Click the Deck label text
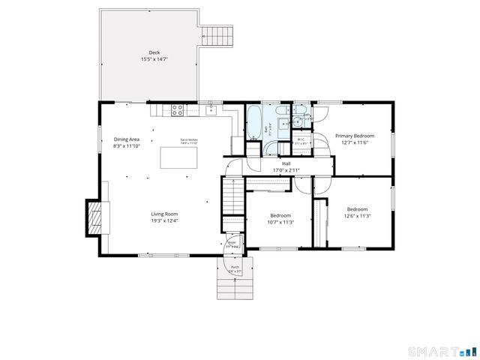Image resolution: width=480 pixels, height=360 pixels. coord(154,52)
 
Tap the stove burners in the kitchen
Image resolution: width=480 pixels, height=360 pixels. coord(178,109)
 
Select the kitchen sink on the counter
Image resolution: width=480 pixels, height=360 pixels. coord(212,111)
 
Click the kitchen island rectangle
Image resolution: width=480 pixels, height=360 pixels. coord(179,157)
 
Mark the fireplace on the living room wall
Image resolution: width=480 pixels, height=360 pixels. coord(94,217)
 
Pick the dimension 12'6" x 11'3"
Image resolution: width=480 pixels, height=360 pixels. coord(357,216)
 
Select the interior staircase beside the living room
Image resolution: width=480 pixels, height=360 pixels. coord(232,200)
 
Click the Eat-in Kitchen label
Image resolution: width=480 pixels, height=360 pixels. coord(188,140)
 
